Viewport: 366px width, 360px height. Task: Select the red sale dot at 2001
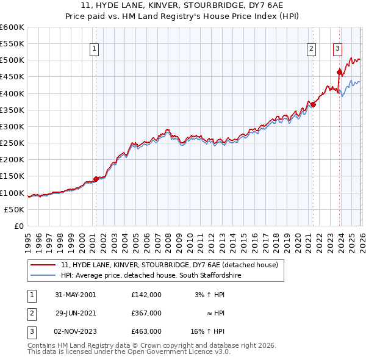coord(96,179)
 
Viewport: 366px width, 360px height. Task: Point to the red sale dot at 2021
coord(314,104)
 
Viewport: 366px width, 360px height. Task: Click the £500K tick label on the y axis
coord(12,60)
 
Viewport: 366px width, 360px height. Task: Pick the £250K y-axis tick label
coord(12,143)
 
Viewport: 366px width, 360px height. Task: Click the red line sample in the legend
coord(43,265)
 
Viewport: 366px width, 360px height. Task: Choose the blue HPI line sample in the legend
coord(43,276)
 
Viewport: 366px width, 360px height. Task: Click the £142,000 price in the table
coord(146,294)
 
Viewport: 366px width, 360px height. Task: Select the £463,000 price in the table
coord(146,331)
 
